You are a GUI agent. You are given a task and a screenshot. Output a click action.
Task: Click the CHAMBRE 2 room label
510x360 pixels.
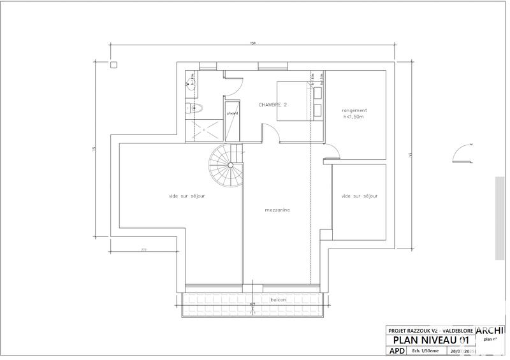272,104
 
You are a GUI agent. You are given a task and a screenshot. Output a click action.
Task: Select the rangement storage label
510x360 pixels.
354,110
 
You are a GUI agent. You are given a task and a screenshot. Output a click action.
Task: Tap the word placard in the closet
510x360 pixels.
232,113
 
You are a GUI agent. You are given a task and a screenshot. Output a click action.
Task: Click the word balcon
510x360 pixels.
277,300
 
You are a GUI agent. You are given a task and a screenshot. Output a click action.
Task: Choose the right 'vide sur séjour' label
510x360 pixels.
360,196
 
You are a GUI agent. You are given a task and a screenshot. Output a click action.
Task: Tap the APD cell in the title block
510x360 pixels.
395,351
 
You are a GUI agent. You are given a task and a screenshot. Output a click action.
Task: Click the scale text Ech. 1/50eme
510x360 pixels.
426,351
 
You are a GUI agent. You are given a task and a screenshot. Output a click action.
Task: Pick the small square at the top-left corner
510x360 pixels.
114,64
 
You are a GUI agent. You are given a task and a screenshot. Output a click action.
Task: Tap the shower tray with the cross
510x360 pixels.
205,127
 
